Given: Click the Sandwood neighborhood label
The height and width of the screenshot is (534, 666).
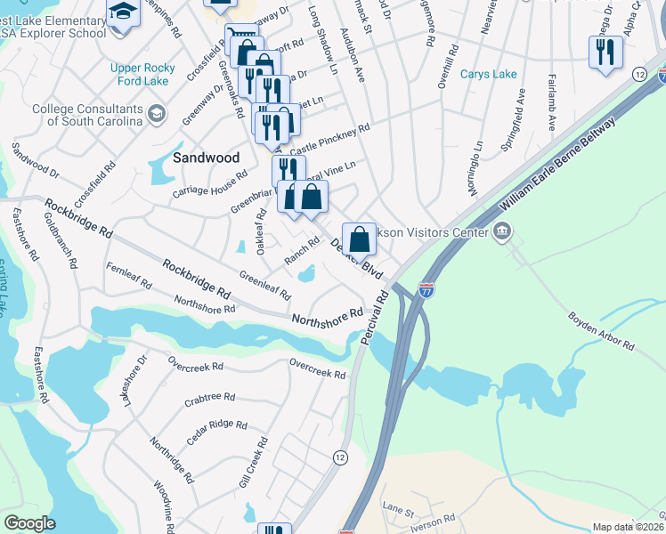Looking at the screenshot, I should (x=207, y=157).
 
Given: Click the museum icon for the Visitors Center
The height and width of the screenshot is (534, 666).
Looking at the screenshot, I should (x=501, y=232).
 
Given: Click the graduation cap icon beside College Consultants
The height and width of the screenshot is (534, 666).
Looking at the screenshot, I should (x=158, y=113).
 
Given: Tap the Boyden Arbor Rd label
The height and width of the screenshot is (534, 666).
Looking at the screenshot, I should (x=601, y=330).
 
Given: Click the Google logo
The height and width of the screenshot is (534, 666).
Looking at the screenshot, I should (x=29, y=523).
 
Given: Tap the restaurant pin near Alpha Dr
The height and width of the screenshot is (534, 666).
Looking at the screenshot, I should (x=605, y=53).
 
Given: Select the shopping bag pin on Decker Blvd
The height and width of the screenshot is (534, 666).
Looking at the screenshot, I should (x=358, y=239).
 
